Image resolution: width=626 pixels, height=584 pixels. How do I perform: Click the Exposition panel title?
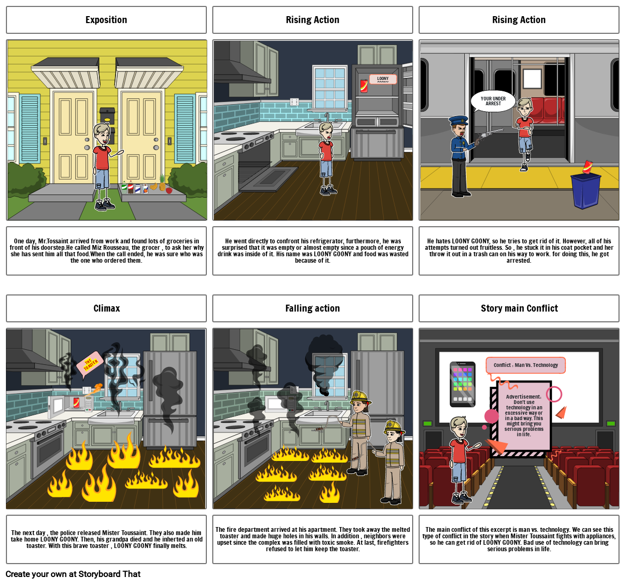(106, 20)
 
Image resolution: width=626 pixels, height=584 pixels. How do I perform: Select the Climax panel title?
(106, 308)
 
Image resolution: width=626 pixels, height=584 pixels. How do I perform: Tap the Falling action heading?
(312, 308)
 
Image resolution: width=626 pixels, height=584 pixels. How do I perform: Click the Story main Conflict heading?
(519, 308)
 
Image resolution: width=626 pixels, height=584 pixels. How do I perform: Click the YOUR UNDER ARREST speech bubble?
(493, 101)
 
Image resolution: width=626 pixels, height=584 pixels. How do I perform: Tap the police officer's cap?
(458, 120)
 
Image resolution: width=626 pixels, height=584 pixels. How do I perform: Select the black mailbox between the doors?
(107, 114)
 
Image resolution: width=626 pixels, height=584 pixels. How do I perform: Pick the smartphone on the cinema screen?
(462, 384)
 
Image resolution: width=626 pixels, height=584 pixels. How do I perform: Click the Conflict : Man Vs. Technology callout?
(526, 365)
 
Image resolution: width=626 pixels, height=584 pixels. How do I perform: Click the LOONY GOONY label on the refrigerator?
(383, 79)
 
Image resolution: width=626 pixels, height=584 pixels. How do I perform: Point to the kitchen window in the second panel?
(330, 88)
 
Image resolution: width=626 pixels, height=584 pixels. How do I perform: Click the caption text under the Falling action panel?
(312, 539)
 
